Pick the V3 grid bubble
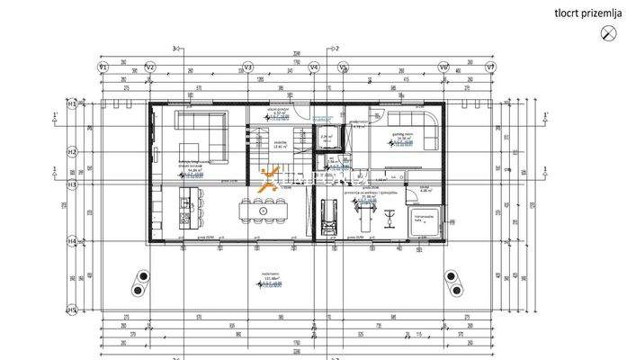249,67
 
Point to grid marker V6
443,67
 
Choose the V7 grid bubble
490,67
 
